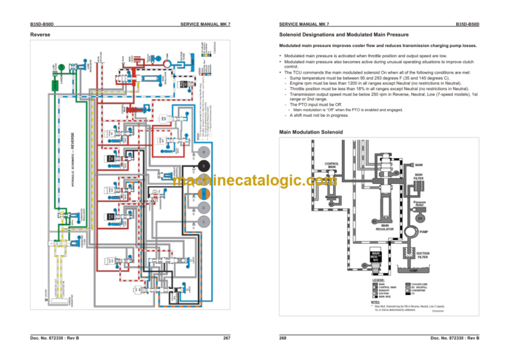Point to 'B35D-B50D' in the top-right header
467,24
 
